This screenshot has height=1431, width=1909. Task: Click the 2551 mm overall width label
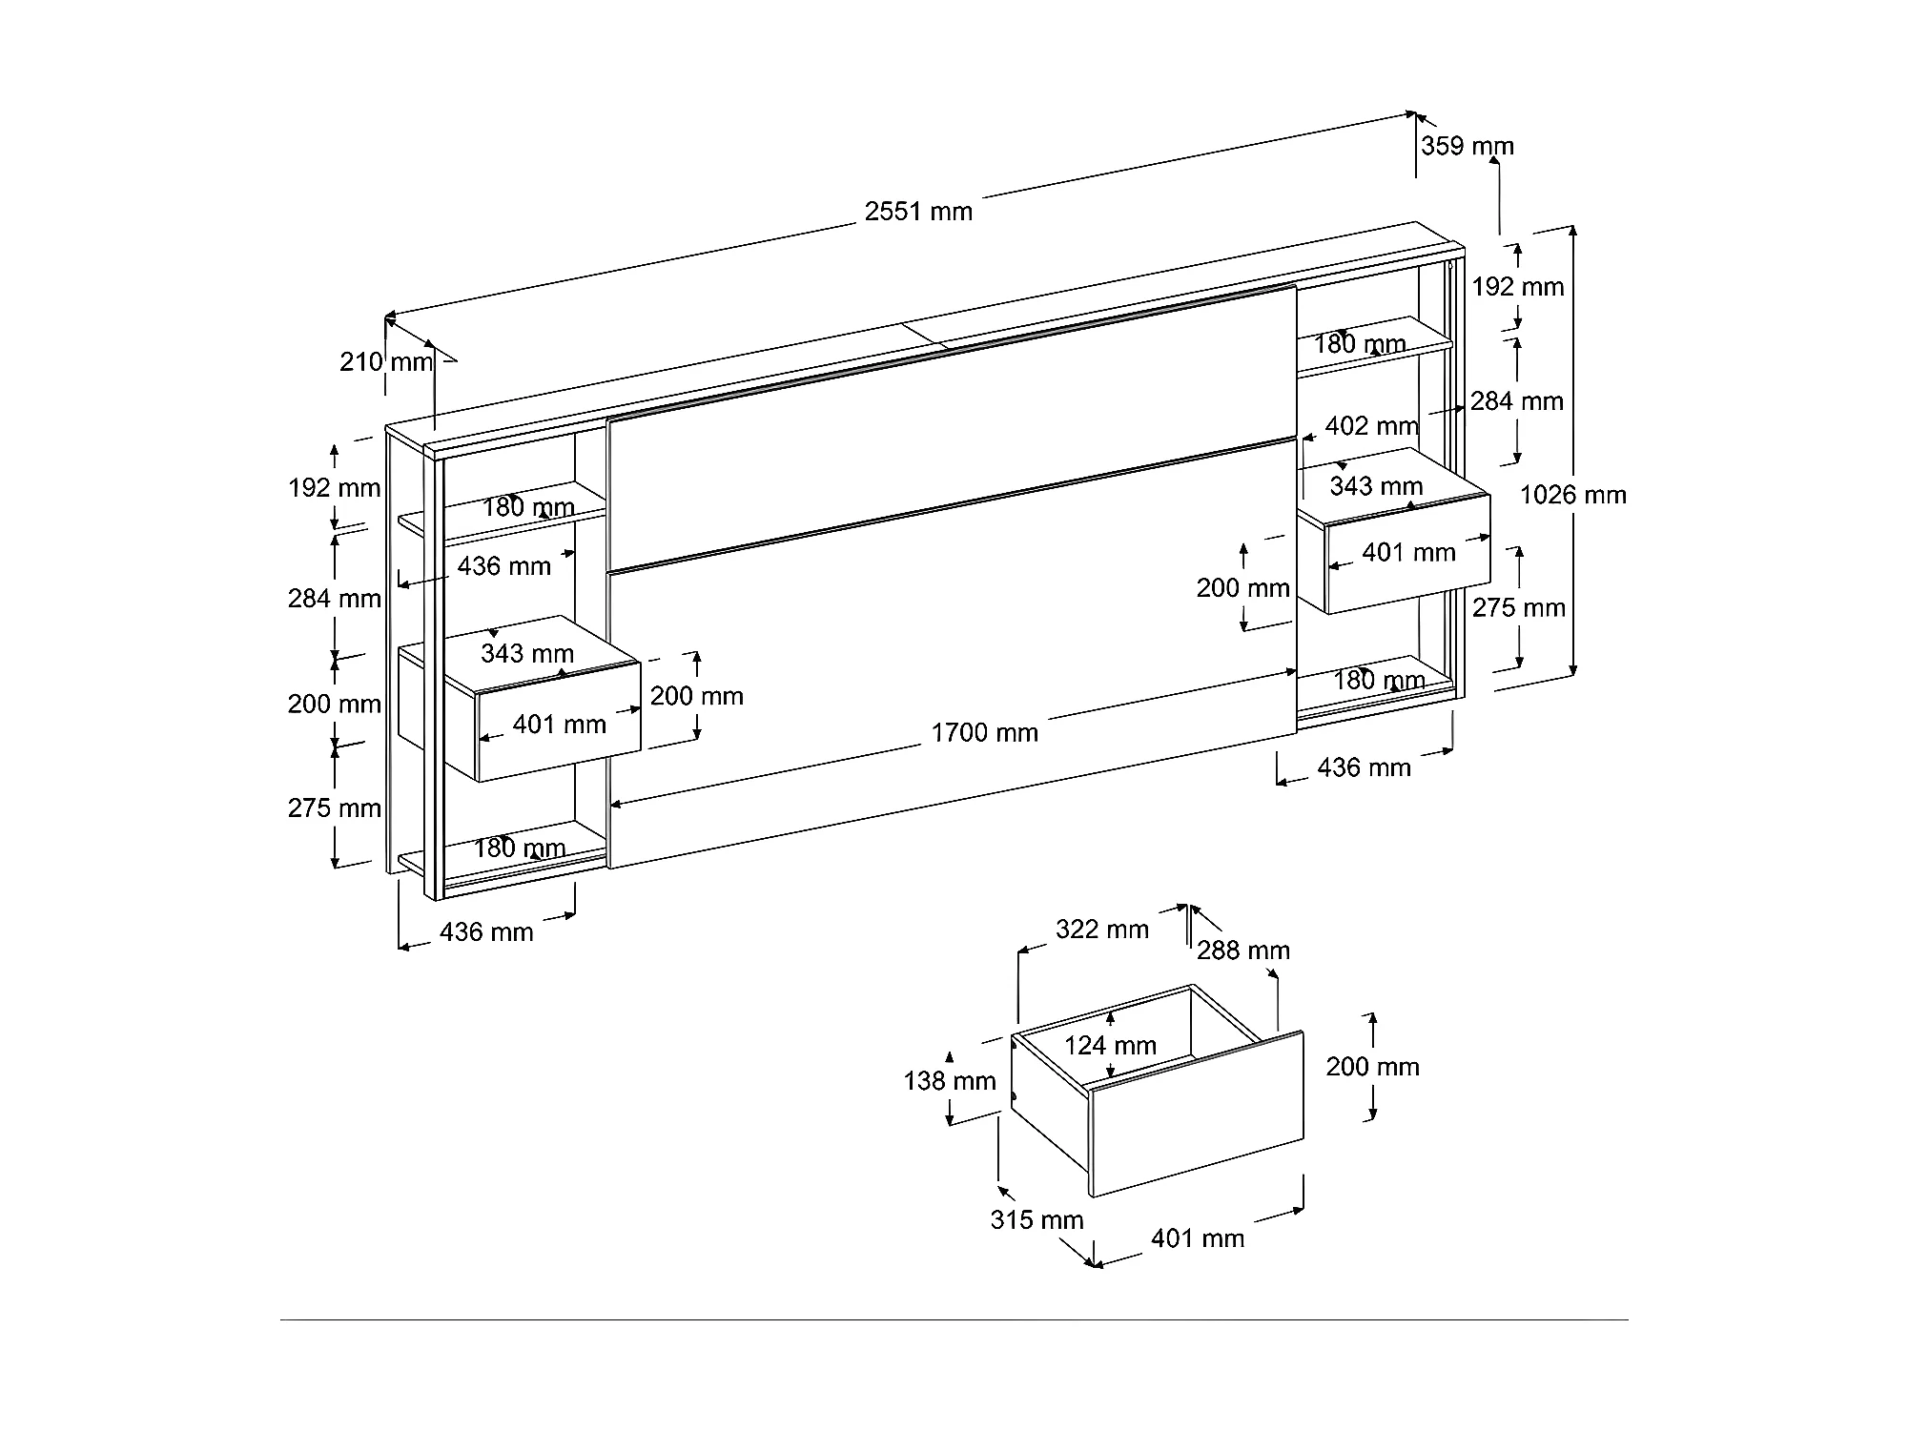(918, 211)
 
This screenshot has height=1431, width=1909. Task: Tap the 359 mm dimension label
(1467, 146)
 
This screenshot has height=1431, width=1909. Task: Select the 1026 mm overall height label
(1572, 495)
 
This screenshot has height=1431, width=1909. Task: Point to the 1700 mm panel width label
(984, 732)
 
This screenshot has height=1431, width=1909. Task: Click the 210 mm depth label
(386, 362)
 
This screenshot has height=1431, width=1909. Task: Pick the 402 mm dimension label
(1371, 425)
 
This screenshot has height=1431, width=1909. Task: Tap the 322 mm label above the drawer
(1101, 929)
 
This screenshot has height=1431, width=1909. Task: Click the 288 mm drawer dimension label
(1243, 950)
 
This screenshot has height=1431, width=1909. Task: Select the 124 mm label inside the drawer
(1110, 1046)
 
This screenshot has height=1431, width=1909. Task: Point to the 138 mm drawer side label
(949, 1080)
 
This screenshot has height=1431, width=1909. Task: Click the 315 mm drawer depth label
(1037, 1219)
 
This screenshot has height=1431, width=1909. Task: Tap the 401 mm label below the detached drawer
(1198, 1238)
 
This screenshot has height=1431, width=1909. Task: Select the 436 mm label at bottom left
(486, 931)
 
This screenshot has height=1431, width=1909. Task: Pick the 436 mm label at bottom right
(1364, 767)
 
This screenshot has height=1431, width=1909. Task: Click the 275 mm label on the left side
(335, 808)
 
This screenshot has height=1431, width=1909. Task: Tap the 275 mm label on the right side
(1518, 607)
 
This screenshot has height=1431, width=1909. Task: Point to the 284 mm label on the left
(335, 599)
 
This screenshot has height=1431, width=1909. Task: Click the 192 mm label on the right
(1518, 286)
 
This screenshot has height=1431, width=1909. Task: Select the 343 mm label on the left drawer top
(526, 653)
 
